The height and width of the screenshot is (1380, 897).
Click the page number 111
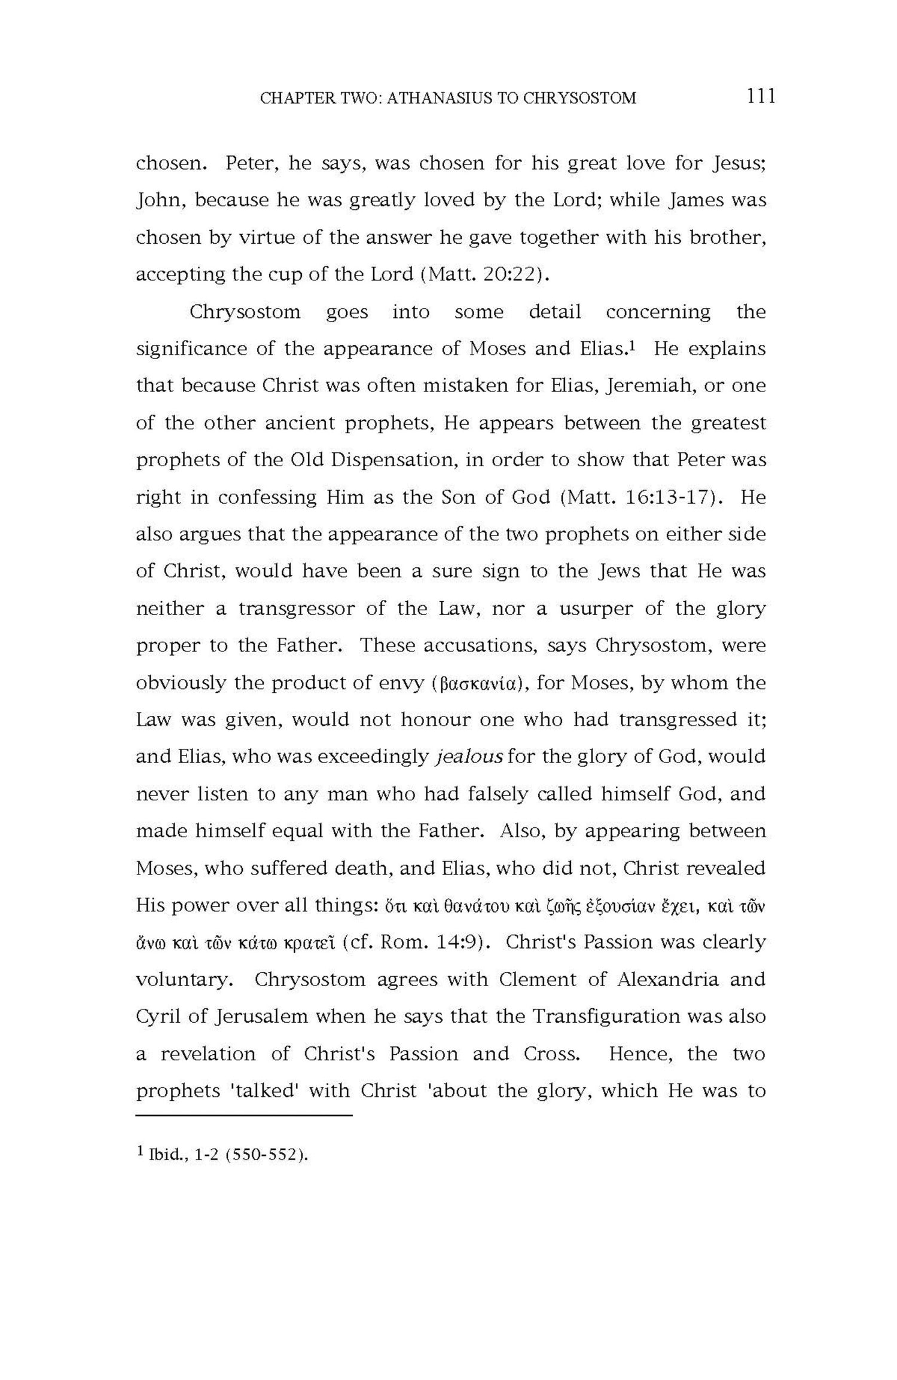click(761, 96)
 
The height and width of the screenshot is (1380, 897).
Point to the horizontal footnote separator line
click(244, 1115)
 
